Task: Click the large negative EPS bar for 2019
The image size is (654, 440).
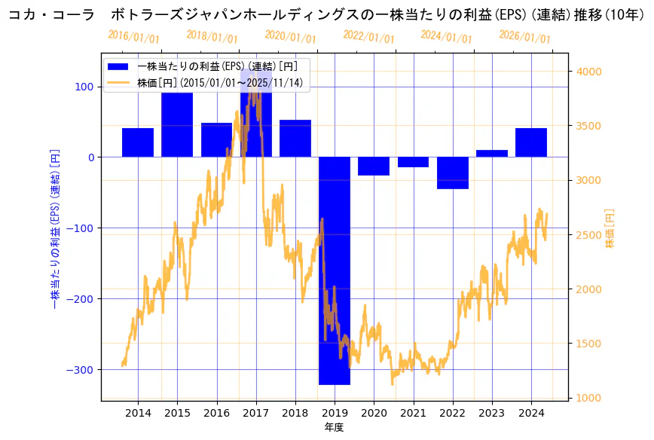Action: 334,270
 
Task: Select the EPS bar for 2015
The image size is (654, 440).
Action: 177,124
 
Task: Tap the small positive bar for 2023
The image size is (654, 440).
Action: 491,154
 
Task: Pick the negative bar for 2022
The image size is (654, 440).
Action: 452,173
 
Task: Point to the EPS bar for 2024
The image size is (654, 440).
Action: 531,142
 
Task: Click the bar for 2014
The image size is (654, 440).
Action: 138,142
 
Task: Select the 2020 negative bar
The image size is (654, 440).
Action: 374,166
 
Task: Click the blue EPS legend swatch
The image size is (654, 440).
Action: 118,66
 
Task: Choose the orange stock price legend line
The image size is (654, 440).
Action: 118,83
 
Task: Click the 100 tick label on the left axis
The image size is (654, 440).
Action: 84,87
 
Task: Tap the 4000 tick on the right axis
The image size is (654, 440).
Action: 588,72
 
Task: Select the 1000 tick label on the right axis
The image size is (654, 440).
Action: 588,398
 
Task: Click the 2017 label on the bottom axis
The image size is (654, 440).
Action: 255,413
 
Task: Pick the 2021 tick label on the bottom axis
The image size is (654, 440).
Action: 413,413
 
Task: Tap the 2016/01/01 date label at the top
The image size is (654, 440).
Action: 133,37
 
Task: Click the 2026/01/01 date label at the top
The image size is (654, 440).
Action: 524,37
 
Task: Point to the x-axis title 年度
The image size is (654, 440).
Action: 334,427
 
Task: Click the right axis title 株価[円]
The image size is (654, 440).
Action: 610,228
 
